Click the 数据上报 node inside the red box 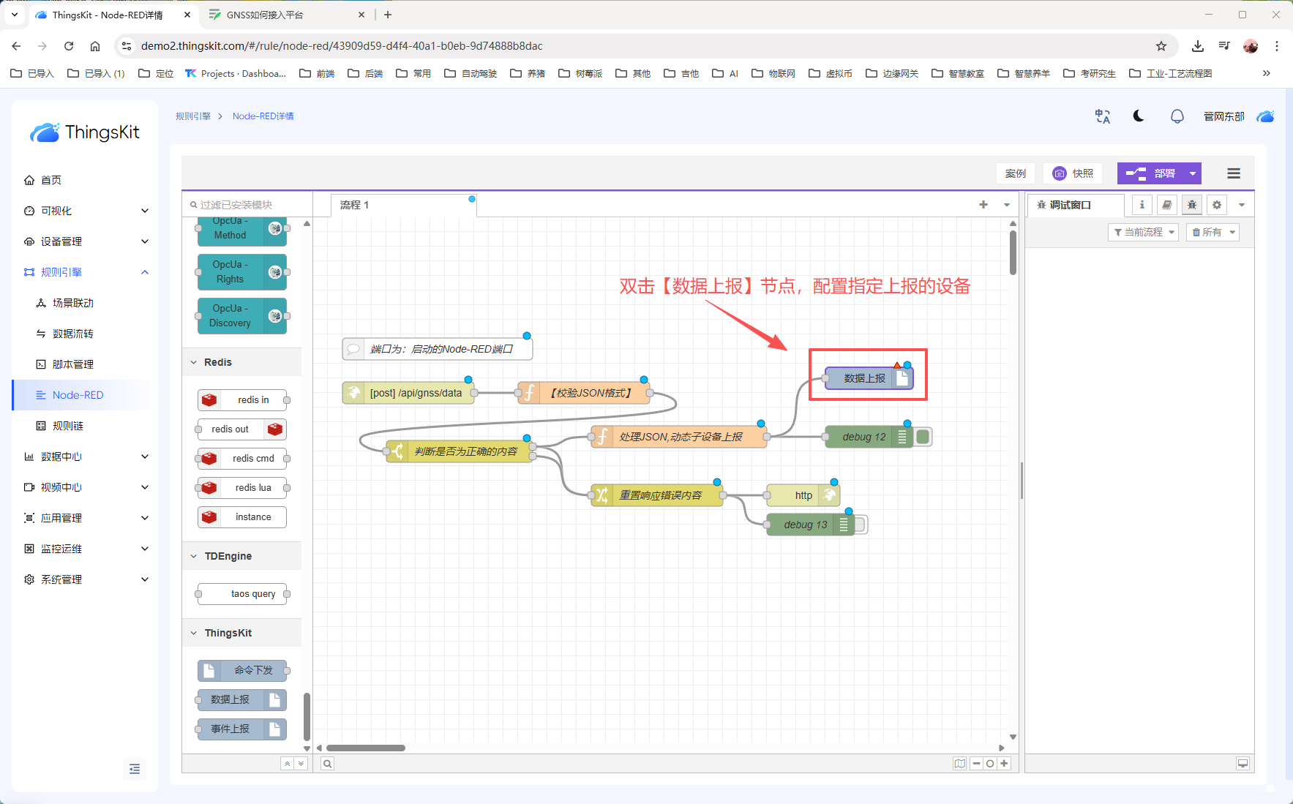point(869,378)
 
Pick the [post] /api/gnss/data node point(408,393)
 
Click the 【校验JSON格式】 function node point(584,393)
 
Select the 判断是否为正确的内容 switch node point(460,451)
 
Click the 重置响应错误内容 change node point(657,495)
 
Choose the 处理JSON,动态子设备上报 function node point(679,437)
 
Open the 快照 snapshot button point(1073,173)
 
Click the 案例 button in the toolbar point(1016,173)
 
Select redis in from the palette point(242,400)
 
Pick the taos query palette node point(242,594)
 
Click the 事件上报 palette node point(242,729)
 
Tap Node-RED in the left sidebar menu point(78,395)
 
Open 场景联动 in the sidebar point(72,303)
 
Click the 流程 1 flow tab point(355,205)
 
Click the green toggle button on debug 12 point(923,437)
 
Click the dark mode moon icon point(1139,116)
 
